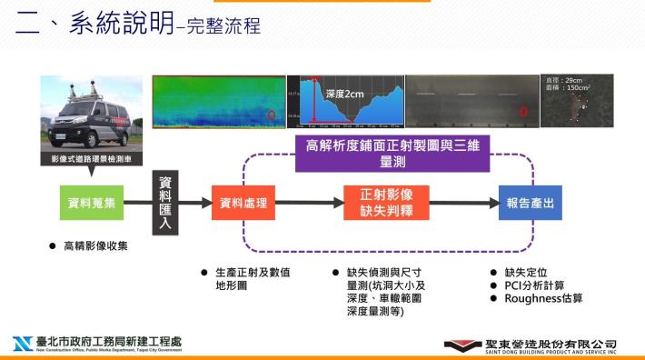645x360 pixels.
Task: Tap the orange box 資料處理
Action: [x=243, y=203]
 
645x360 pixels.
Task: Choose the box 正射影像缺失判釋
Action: [x=387, y=203]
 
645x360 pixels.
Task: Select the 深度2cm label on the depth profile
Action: [x=344, y=93]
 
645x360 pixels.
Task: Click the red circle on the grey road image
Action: [x=523, y=111]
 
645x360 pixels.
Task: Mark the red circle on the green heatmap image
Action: [x=271, y=115]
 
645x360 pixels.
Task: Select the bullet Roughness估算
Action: [x=543, y=298]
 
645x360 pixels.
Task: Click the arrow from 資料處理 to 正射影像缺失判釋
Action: [x=308, y=203]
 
